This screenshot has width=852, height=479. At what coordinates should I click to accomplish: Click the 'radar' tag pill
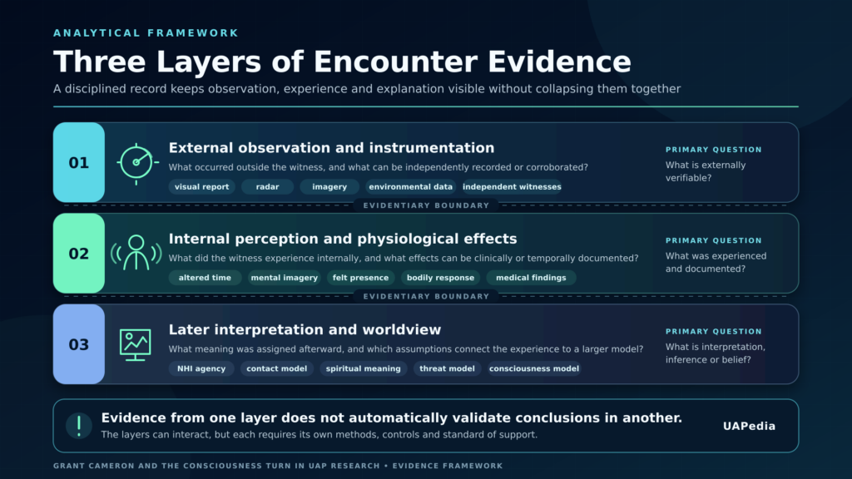[x=267, y=187]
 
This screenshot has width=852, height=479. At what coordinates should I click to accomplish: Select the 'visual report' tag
[x=201, y=187]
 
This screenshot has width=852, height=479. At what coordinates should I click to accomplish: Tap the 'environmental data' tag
[x=410, y=187]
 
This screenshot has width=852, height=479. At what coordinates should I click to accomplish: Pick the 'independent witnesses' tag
[x=512, y=187]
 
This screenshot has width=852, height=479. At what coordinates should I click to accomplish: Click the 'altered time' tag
[x=205, y=278]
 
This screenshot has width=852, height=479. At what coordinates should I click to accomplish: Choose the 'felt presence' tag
[x=361, y=278]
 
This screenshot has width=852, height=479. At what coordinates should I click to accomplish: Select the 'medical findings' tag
[x=531, y=278]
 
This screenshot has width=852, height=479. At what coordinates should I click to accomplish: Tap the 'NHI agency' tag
[x=201, y=368]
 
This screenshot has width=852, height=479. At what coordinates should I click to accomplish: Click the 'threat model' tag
[x=447, y=368]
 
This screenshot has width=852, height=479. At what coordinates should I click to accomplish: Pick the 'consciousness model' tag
[x=534, y=368]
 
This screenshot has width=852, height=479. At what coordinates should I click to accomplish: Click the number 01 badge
[x=79, y=162]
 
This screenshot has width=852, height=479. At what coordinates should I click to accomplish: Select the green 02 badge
[x=79, y=253]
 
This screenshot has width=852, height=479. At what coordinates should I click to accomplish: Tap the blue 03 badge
[x=79, y=344]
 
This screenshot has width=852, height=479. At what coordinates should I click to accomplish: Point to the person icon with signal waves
[x=136, y=253]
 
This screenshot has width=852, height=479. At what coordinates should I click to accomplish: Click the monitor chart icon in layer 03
[x=136, y=345]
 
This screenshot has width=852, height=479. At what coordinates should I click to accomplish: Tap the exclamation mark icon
[x=79, y=426]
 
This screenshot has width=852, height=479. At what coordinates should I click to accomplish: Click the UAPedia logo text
[x=750, y=427]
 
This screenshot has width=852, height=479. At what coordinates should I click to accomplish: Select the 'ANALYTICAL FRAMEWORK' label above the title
[x=146, y=33]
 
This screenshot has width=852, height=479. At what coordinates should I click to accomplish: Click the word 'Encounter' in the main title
[x=396, y=62]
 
